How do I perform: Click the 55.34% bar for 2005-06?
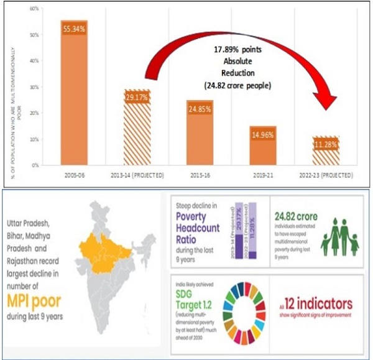tap(73, 93)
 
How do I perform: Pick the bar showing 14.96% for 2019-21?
tap(262, 145)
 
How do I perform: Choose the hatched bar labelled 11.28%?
tap(325, 150)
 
